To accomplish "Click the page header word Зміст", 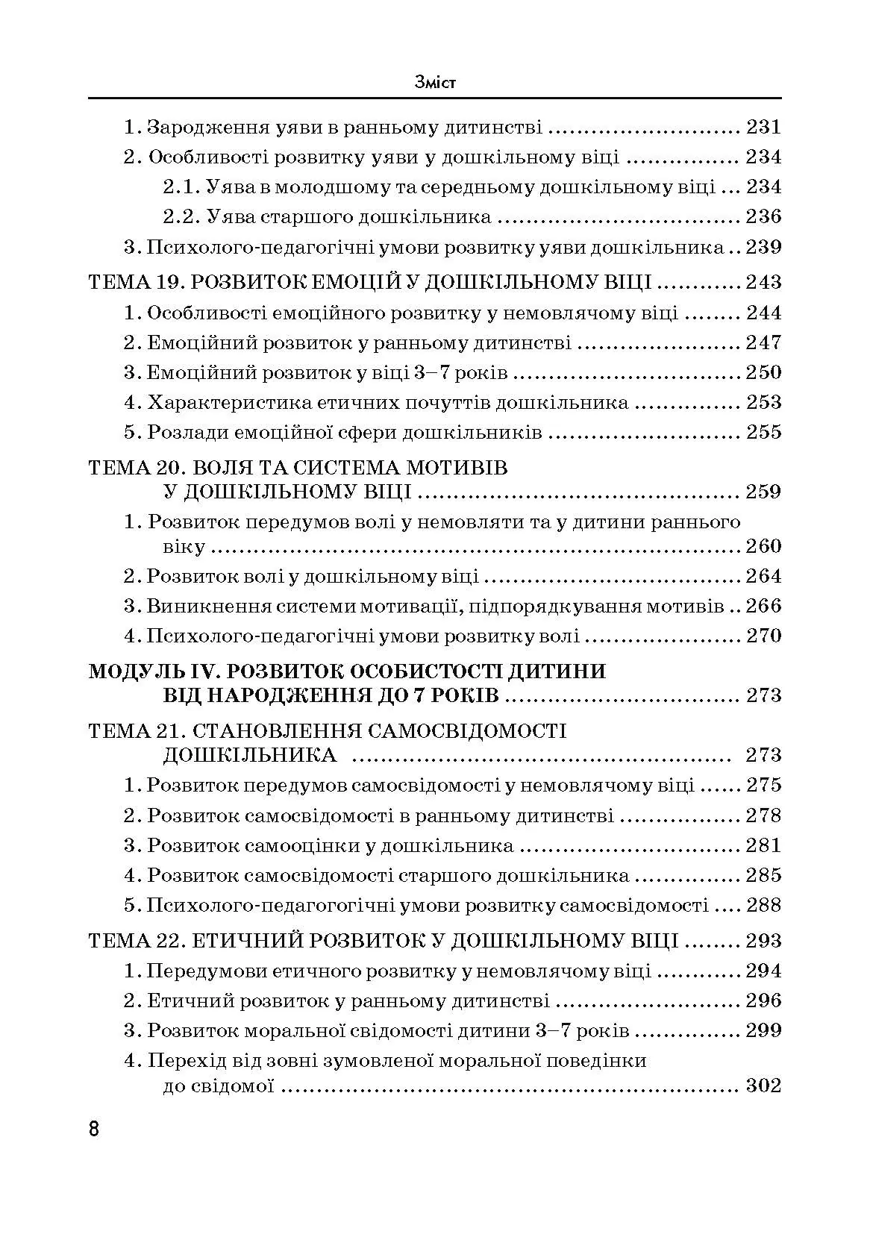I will tap(435, 82).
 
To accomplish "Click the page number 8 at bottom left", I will tap(94, 1127).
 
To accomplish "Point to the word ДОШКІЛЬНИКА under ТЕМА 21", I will tap(249, 755).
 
